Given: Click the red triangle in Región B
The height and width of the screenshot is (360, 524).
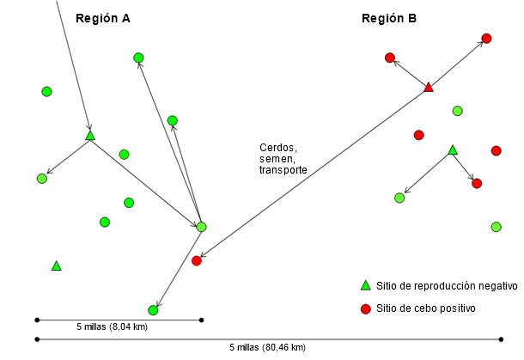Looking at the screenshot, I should [429, 87].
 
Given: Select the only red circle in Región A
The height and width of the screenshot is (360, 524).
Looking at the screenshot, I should [197, 260].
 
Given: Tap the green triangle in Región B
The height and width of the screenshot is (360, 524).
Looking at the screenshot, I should [453, 150].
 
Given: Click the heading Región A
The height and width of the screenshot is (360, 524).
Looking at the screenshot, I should [104, 19].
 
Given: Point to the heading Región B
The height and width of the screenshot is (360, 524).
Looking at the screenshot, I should [389, 19].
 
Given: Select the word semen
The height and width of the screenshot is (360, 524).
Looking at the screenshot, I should [277, 159].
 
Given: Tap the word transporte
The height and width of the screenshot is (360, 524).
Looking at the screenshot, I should [283, 170].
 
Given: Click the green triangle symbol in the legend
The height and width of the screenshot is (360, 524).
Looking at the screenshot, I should [364, 286].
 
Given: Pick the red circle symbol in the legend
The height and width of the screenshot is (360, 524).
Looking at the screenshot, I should [364, 308].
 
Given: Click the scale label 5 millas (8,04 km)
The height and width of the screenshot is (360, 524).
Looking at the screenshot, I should [112, 327].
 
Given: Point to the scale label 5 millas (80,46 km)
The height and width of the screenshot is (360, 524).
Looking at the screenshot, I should [267, 347].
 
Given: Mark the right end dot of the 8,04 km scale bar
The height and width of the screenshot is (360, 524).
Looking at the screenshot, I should [201, 320].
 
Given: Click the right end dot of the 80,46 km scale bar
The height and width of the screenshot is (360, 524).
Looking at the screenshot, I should [502, 339].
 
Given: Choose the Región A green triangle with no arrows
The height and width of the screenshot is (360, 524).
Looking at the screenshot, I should [56, 266].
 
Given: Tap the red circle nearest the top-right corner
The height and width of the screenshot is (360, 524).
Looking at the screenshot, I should [486, 38].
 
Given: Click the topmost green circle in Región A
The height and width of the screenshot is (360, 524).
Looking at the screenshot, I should [138, 58].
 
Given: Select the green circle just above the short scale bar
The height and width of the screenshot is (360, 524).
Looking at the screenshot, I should [153, 309].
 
